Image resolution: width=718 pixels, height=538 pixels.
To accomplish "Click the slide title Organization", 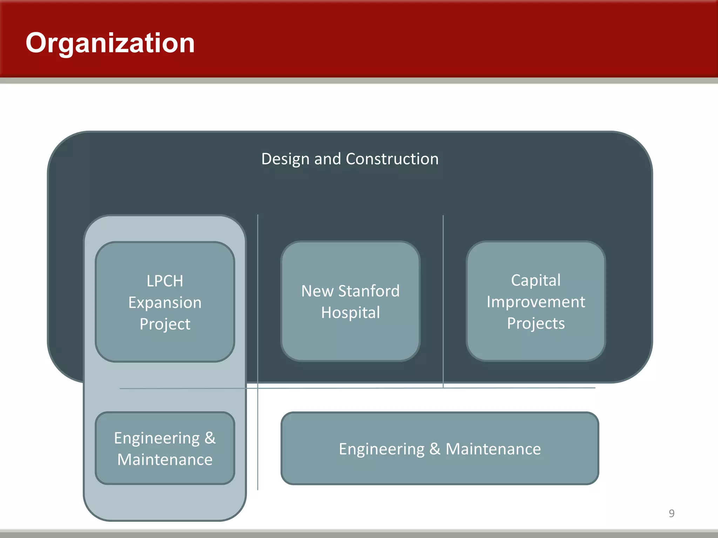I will (110, 43).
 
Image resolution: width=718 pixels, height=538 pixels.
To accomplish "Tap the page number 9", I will (671, 513).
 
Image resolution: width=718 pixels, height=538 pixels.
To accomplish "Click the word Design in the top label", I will (285, 159).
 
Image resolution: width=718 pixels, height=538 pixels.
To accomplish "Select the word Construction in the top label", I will (392, 159).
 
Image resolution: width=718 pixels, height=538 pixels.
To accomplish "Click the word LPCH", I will (165, 281).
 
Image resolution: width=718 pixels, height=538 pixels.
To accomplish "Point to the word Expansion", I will (165, 303).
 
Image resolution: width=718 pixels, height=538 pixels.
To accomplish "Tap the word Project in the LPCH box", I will (165, 324).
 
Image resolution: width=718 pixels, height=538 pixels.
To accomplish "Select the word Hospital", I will (350, 312).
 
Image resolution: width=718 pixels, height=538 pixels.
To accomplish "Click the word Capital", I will (536, 280).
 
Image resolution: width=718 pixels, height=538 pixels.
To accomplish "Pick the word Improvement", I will (536, 302).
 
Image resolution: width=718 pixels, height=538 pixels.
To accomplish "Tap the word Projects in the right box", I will (536, 323).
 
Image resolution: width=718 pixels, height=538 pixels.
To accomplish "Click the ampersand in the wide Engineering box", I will (435, 449).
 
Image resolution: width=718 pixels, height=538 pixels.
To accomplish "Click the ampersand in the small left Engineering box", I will (210, 438).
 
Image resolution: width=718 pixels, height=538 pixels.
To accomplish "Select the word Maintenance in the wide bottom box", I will (493, 449).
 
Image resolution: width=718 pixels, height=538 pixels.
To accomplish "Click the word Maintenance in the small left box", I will (165, 460).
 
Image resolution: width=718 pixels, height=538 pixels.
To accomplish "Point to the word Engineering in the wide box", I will (381, 449).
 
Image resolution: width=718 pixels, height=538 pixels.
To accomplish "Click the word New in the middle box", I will (317, 291).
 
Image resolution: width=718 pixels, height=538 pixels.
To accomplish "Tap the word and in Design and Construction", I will (327, 159).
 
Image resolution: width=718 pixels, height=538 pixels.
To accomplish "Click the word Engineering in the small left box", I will (157, 438).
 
